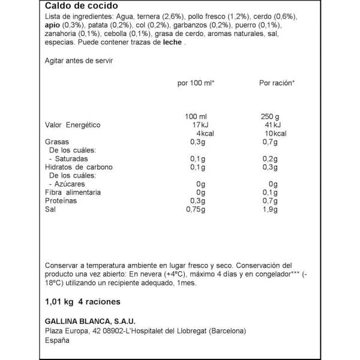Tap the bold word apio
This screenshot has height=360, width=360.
(x=53, y=27)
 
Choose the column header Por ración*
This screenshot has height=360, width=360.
(x=275, y=82)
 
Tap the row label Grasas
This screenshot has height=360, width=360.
(x=58, y=142)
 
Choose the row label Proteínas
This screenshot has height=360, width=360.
(x=62, y=200)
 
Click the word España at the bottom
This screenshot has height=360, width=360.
(x=57, y=340)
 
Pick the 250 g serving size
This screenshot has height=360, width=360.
(x=271, y=116)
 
